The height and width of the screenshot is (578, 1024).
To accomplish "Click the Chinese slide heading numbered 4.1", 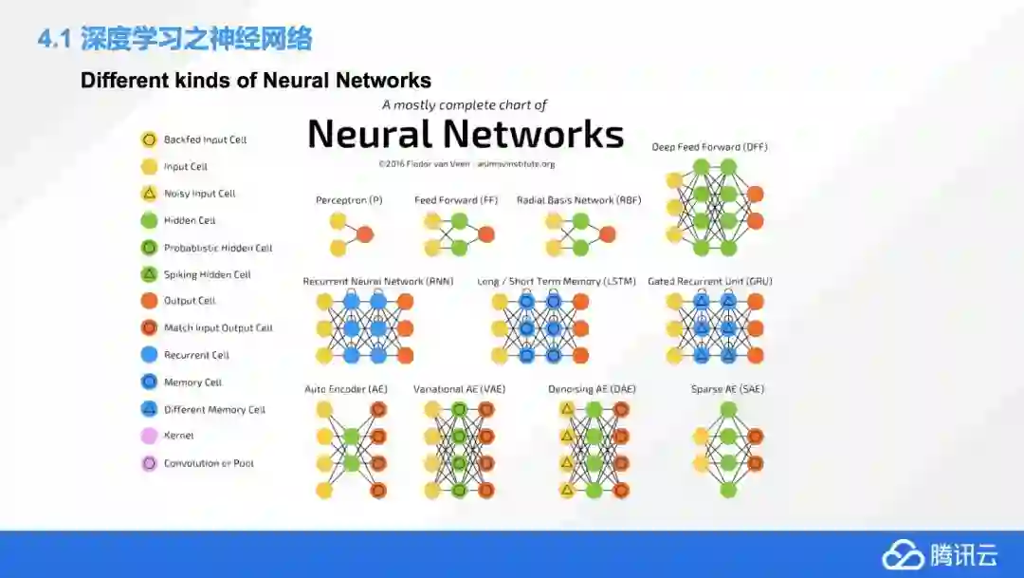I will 174,39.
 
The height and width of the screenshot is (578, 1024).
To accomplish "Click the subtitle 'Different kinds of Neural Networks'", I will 256,81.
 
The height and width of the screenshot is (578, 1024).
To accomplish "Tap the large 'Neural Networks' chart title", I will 466,134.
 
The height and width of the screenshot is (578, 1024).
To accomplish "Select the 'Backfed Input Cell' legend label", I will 205,140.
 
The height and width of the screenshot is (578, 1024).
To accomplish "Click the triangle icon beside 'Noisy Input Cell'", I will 149,194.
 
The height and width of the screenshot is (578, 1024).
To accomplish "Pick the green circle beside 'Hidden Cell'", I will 149,220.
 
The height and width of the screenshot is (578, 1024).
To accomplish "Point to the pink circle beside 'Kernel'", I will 149,437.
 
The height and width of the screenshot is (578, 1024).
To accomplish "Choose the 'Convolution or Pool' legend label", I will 209,464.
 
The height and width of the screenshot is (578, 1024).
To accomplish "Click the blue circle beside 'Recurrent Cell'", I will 149,355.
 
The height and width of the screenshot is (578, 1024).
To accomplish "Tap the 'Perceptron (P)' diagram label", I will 349,200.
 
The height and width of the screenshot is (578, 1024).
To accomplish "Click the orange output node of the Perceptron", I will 365,234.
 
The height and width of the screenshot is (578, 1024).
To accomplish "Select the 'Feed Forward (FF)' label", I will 456,200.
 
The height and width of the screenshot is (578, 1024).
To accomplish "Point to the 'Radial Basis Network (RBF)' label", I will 578,200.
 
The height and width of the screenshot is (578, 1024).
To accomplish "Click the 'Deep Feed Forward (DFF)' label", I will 709,147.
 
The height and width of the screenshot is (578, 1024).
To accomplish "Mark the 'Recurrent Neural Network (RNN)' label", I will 378,282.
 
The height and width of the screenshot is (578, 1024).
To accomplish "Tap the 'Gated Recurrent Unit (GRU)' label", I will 710,282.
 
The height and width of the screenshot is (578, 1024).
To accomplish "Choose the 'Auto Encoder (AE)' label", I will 346,389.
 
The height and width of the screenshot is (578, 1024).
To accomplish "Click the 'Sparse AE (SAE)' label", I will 727,389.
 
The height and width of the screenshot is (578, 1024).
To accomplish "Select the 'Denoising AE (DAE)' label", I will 591,389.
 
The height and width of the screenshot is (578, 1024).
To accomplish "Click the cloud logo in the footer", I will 903,555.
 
